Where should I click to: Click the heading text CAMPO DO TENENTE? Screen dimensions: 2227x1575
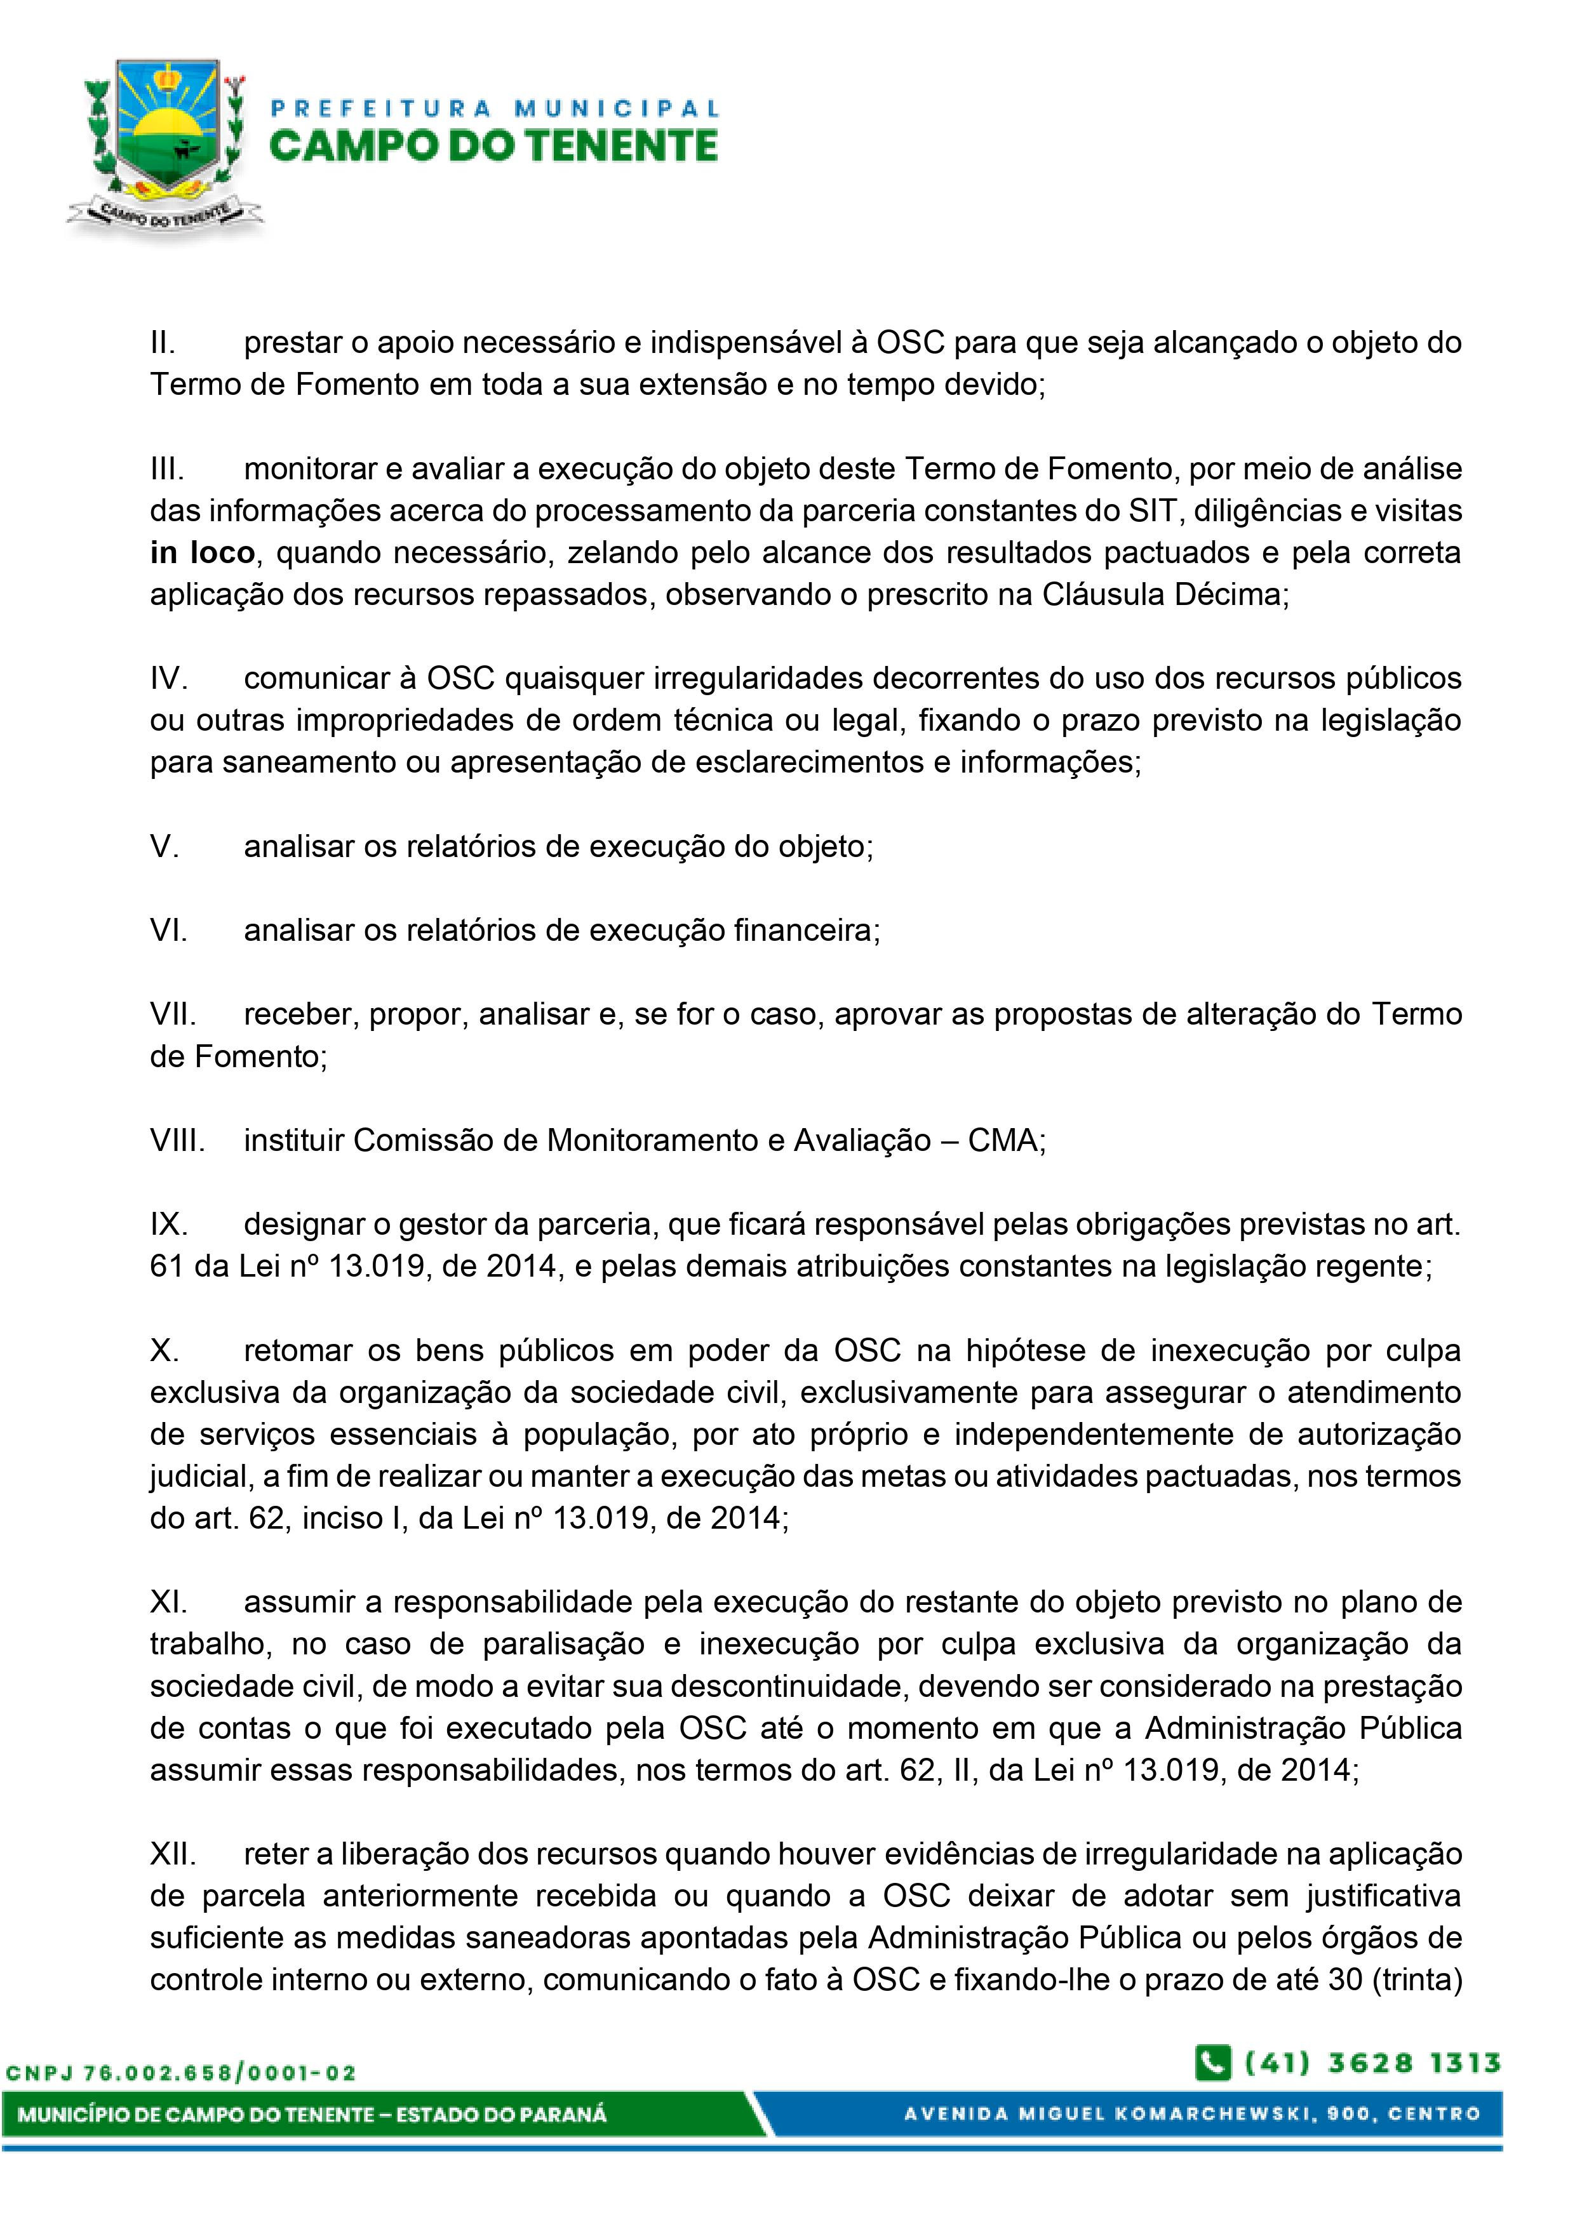click(493, 145)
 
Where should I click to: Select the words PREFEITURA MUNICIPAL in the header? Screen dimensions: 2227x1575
click(495, 109)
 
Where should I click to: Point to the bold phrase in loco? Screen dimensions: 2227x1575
click(202, 553)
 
